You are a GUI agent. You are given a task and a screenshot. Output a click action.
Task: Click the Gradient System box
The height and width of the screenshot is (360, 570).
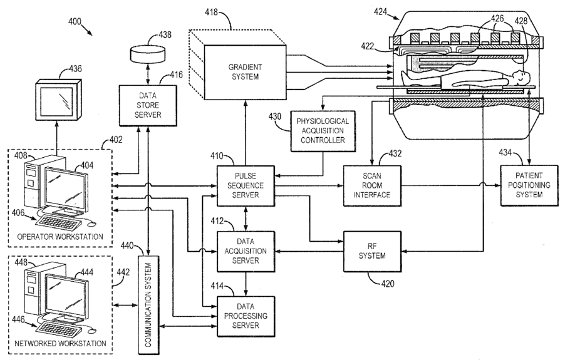pos(245,72)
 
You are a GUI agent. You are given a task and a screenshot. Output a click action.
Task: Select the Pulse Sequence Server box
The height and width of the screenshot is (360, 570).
pos(246,185)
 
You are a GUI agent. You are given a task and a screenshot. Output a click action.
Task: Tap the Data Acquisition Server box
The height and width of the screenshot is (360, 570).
pos(246,251)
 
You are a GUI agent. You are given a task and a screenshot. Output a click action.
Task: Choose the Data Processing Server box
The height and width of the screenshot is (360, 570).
pos(246,316)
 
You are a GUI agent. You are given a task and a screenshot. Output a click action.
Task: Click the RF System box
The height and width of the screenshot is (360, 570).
pos(372,252)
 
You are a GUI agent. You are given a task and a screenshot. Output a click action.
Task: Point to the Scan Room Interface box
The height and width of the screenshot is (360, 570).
pos(372,185)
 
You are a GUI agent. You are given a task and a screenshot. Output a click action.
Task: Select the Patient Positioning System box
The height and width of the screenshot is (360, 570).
pos(529,185)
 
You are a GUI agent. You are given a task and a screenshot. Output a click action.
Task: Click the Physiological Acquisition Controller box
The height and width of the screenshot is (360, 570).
pos(323,131)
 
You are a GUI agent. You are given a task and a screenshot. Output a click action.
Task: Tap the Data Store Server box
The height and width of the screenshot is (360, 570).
pos(148,105)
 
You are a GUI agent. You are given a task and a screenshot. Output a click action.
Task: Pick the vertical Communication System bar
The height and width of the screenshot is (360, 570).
pos(148,304)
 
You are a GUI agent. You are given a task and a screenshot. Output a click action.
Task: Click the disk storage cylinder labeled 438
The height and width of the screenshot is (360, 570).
pos(148,53)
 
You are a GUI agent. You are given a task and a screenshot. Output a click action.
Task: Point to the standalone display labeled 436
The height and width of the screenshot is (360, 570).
pos(58,100)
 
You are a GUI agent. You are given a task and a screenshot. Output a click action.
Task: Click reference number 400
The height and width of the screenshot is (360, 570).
pos(75,22)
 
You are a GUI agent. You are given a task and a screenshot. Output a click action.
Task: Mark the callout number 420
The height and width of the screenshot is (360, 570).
pos(388,284)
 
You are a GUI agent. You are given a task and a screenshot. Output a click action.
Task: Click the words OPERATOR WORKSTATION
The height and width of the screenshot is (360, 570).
pos(60,237)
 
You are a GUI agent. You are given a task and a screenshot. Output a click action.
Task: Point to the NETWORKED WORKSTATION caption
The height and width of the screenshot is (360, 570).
pos(60,343)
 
